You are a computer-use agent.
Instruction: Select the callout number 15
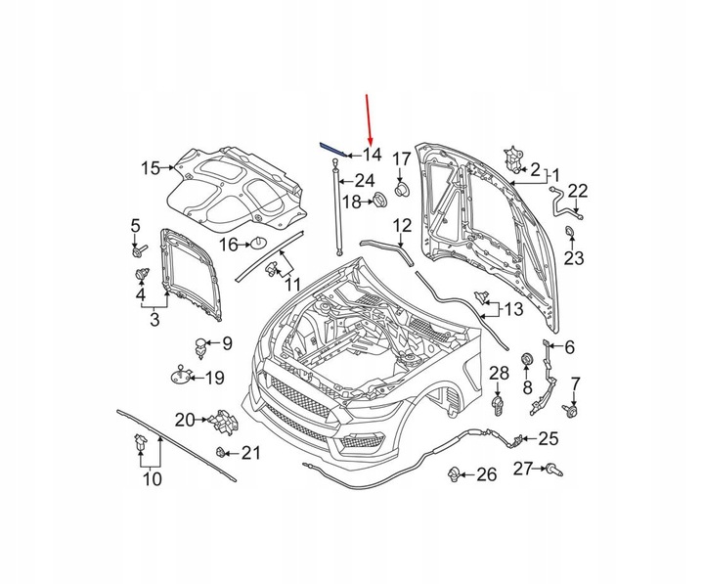pyautogui.click(x=150, y=168)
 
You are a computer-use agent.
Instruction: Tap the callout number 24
pyautogui.click(x=365, y=180)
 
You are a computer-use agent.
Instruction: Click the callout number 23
pyautogui.click(x=572, y=257)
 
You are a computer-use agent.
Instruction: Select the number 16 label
pyautogui.click(x=229, y=244)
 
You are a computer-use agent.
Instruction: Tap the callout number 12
pyautogui.click(x=402, y=227)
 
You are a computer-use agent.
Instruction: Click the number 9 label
pyautogui.click(x=226, y=343)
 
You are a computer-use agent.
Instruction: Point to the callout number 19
pyautogui.click(x=214, y=378)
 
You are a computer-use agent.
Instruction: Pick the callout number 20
pyautogui.click(x=185, y=420)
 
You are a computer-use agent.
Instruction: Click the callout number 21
pyautogui.click(x=252, y=453)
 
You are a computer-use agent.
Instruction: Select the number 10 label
pyautogui.click(x=151, y=479)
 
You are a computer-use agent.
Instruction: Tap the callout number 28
pyautogui.click(x=499, y=374)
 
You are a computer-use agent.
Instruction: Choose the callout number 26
pyautogui.click(x=486, y=475)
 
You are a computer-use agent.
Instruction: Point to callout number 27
pyautogui.click(x=525, y=469)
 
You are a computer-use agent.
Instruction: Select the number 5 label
pyautogui.click(x=136, y=228)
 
